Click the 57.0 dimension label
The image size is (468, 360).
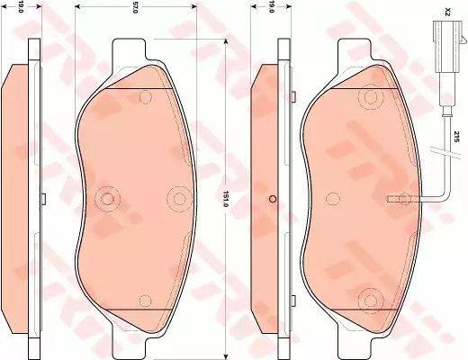[x=135, y=9]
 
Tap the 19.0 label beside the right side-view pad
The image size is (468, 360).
[x=271, y=10]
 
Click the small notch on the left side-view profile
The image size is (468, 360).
[x=42, y=197]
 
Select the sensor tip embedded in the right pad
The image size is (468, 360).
[x=392, y=199]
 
